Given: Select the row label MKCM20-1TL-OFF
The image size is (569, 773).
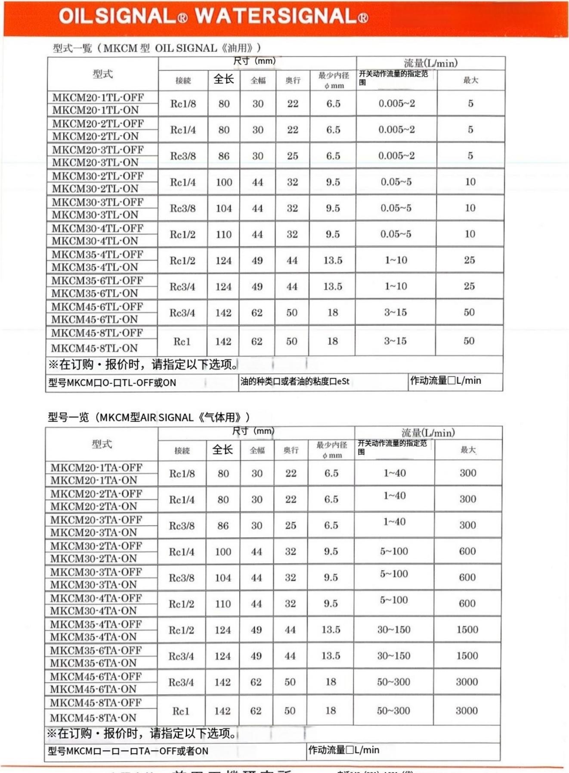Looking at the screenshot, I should click(x=98, y=97).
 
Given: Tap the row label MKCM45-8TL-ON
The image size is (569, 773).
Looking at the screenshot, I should click(x=94, y=348).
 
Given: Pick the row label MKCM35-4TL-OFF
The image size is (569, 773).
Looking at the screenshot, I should click(x=97, y=255).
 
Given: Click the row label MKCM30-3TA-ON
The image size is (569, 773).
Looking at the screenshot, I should click(x=93, y=584).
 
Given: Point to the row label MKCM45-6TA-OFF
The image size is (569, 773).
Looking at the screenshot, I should click(x=96, y=677).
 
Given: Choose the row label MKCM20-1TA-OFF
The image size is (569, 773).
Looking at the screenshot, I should click(x=96, y=468).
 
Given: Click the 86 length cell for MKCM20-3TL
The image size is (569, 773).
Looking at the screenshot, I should click(x=224, y=156).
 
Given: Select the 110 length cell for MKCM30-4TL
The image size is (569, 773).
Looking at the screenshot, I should click(x=224, y=235).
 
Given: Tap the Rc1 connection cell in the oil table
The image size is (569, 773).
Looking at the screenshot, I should click(x=182, y=341).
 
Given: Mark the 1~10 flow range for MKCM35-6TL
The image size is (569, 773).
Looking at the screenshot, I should click(x=396, y=286).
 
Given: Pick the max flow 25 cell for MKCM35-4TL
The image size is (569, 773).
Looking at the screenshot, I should click(x=470, y=260).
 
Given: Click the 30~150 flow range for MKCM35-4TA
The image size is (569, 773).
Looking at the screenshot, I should click(x=394, y=630).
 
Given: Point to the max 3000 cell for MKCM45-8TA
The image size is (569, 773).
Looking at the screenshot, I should click(x=467, y=711).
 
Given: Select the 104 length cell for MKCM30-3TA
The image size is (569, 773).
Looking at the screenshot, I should click(x=223, y=578).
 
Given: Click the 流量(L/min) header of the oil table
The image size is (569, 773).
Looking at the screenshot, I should click(x=430, y=63).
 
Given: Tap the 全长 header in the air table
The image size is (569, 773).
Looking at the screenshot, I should click(x=223, y=450).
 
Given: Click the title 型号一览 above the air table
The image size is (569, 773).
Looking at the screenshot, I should click(x=68, y=417).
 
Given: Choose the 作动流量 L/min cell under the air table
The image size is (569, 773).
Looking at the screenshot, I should click(x=344, y=750).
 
